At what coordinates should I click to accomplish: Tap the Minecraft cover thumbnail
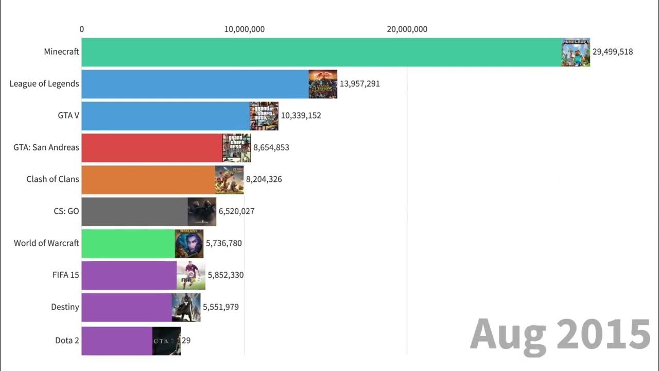click(576, 52)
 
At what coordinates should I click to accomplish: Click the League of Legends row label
click(44, 83)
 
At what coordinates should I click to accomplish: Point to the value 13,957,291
click(359, 83)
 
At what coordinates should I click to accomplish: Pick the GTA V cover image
click(264, 116)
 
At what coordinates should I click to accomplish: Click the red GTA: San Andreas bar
click(152, 148)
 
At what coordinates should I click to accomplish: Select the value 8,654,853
click(271, 148)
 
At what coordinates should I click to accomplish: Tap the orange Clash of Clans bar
click(148, 179)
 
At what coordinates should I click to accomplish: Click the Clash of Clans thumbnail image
click(229, 179)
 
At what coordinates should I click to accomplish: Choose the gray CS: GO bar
click(134, 211)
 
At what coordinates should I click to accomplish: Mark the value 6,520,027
click(236, 211)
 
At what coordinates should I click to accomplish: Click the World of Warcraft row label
click(46, 243)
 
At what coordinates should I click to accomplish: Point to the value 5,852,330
click(226, 275)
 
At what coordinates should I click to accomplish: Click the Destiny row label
click(65, 307)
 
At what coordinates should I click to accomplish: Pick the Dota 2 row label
click(67, 340)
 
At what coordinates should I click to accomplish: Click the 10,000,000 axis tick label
click(244, 29)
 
